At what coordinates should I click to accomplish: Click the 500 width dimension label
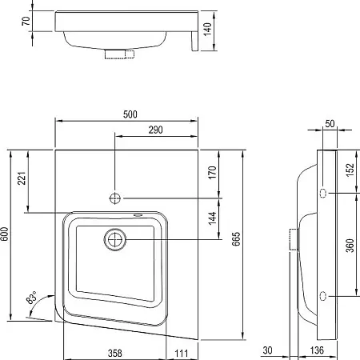point(130,114)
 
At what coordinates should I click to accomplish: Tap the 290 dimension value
point(155,130)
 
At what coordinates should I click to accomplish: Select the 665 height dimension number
point(236,239)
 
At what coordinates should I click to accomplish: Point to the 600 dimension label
point(5,234)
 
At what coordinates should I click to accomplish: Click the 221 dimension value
point(22,178)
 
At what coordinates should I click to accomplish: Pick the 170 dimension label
point(212,173)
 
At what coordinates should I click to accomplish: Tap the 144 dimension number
point(212,218)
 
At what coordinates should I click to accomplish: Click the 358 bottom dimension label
point(115,354)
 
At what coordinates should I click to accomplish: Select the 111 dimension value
point(182,354)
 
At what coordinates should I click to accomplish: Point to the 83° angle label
point(32,297)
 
